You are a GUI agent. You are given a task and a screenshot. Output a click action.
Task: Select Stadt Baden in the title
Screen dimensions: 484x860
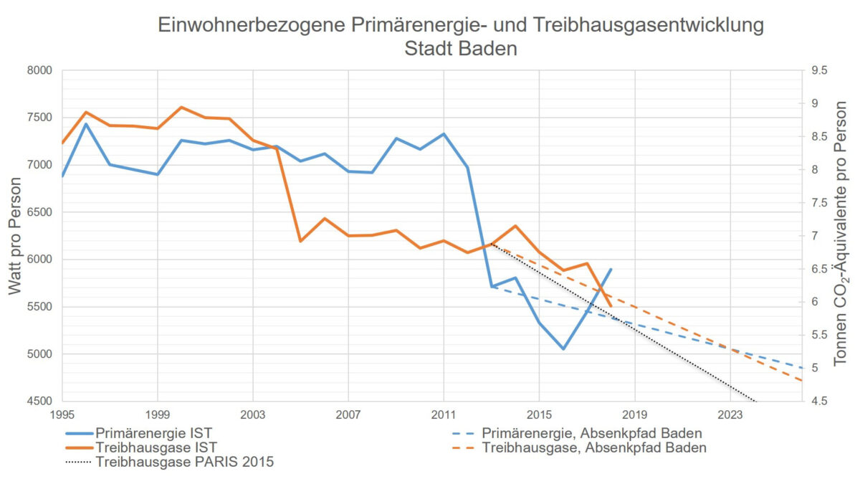(461, 50)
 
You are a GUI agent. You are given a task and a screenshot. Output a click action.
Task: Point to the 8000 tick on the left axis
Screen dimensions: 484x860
(41, 70)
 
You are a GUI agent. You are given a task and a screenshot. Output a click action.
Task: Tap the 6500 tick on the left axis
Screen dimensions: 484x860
(41, 212)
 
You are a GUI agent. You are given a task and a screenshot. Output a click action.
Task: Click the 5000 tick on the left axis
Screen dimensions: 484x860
(41, 354)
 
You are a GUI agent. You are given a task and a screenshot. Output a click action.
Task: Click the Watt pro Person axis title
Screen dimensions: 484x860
(16, 236)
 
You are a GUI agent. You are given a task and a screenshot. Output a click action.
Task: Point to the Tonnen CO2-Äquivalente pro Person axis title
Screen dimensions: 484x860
(841, 236)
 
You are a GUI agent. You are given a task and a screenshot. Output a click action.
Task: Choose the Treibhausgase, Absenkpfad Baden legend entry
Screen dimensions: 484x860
(593, 447)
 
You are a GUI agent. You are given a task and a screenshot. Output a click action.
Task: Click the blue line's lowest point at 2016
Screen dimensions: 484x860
(563, 349)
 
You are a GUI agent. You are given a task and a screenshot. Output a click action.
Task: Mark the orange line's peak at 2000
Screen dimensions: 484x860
(181, 107)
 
